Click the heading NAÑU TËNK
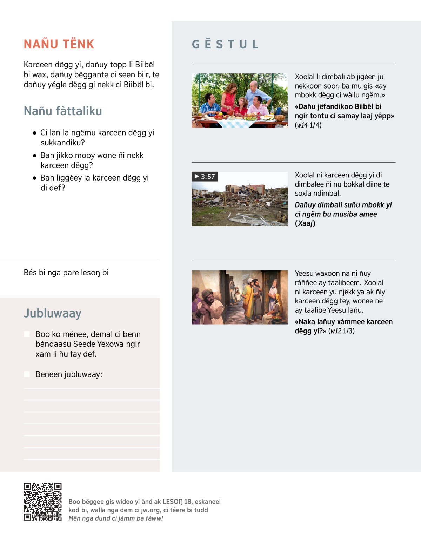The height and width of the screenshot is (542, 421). pos(59,44)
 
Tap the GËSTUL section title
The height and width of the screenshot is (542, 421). pos(225,44)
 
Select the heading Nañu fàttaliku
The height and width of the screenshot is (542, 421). pos(63,111)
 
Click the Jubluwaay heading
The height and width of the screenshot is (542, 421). pos(53,313)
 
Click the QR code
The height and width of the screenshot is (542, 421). pos(42,502)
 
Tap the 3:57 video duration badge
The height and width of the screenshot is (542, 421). pos(205,177)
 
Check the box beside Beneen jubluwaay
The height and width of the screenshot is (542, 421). pos(27,374)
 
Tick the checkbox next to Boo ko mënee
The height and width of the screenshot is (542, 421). pos(27,334)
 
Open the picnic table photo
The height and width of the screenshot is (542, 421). pos(240,100)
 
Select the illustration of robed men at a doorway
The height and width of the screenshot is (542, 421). pos(240,297)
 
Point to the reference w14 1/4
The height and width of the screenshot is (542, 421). pos(309,125)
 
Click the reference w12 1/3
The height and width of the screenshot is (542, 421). pos(342,331)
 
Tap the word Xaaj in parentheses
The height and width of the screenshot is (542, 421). pos(305,223)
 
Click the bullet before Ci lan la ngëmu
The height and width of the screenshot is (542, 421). pos(34,133)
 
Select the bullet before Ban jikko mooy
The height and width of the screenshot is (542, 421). pos(34,156)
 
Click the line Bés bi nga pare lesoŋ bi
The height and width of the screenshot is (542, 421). pos(66,273)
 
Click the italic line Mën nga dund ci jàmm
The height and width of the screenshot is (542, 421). pos(116,518)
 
